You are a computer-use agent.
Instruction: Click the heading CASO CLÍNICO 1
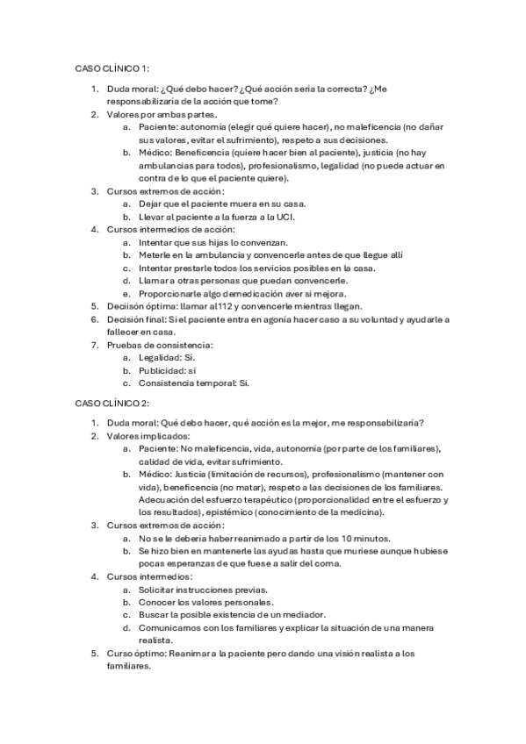pyautogui.click(x=112, y=68)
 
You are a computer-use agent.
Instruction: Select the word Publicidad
pyautogui.click(x=165, y=370)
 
